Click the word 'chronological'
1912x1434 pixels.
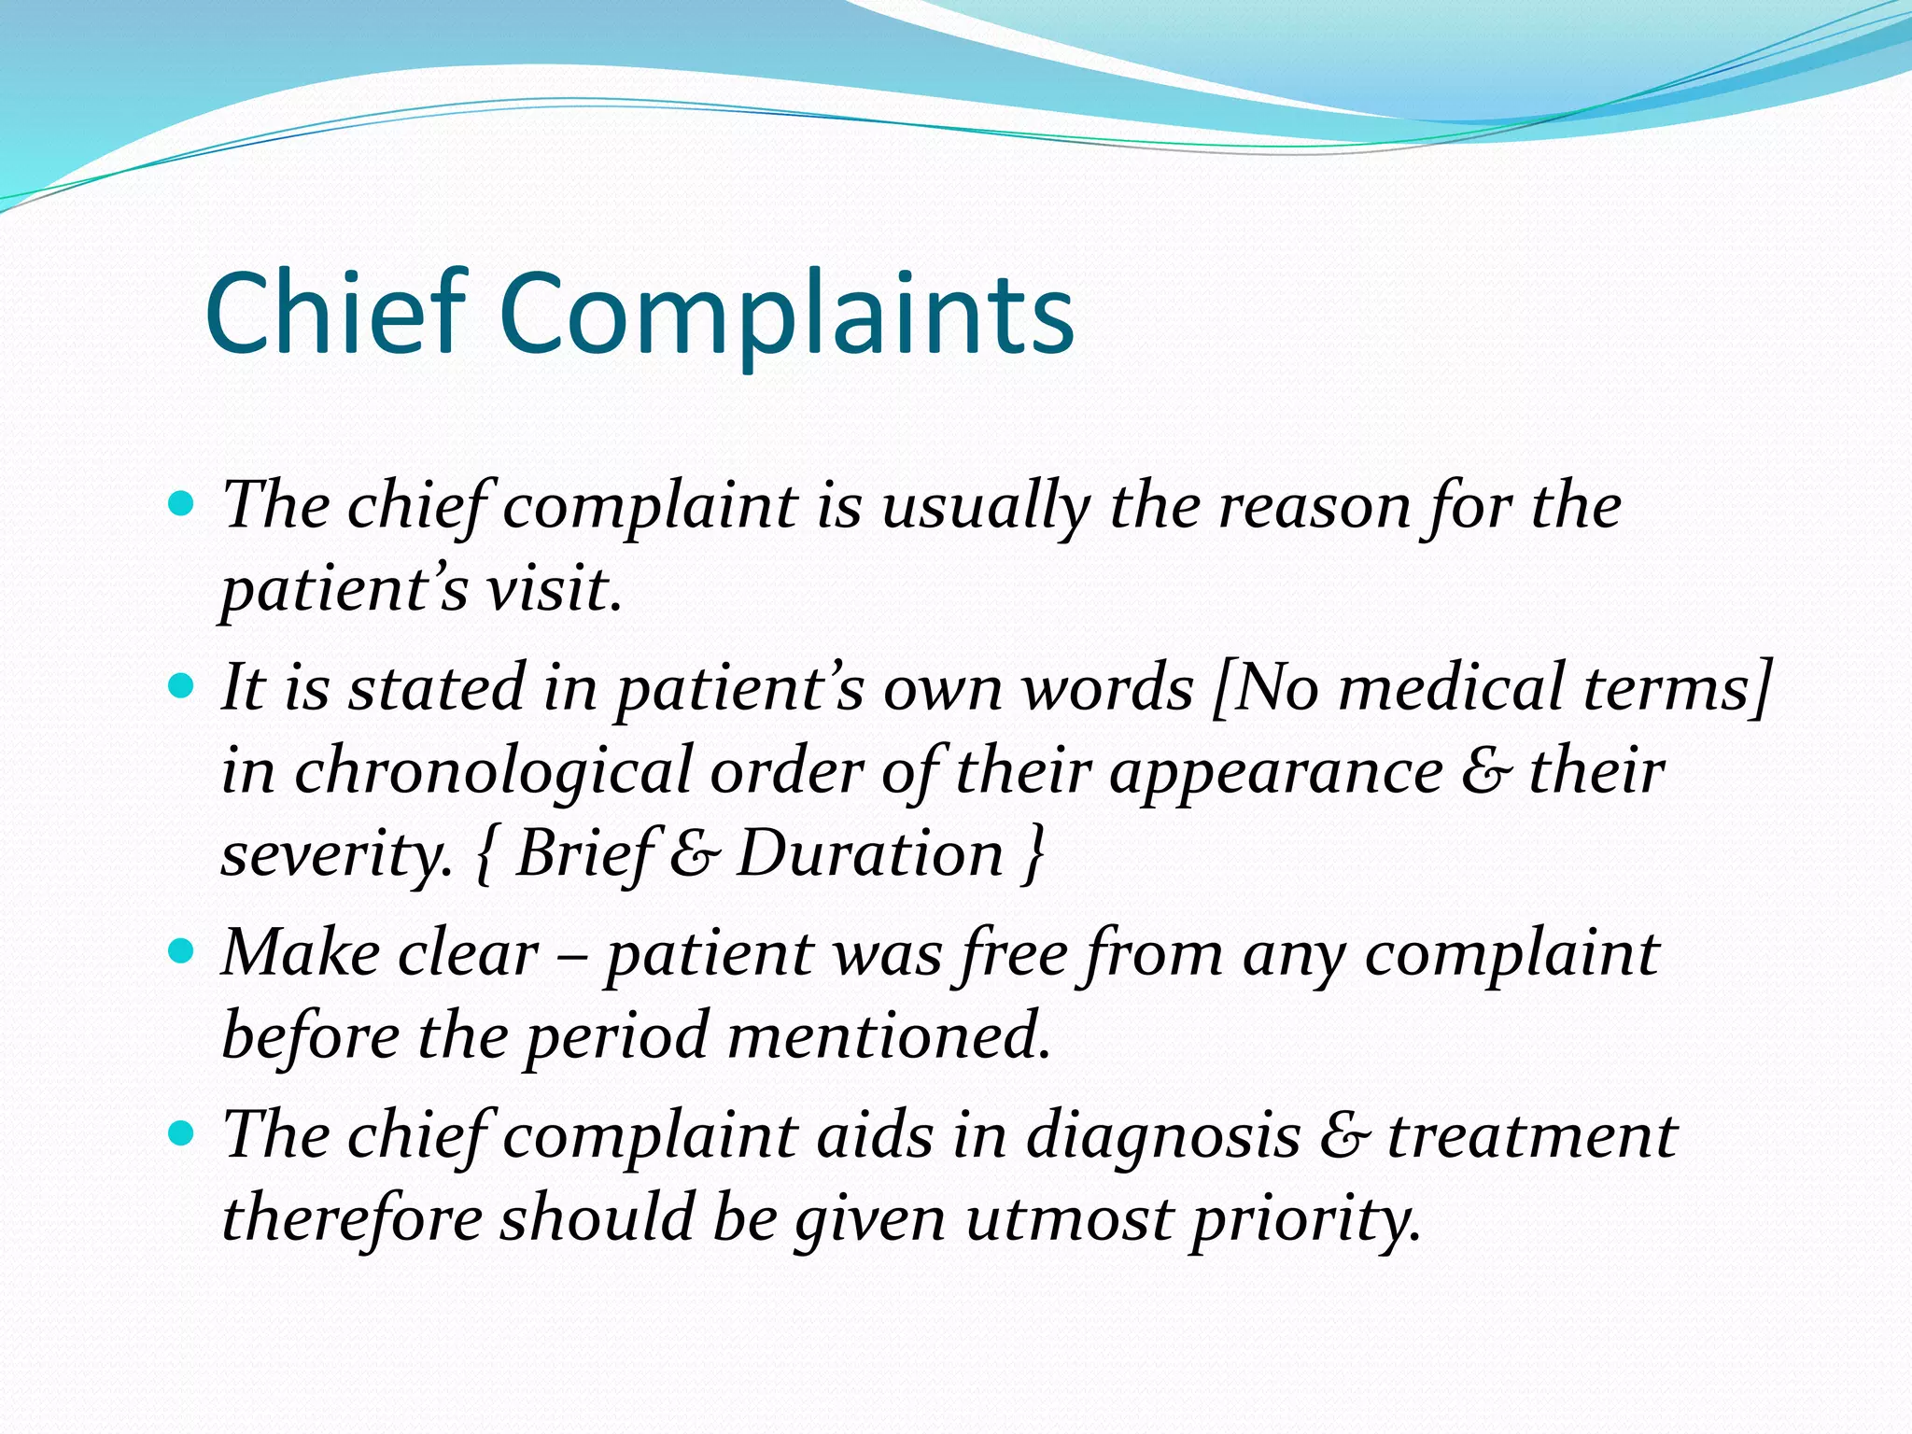coord(493,772)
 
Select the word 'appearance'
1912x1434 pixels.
coord(1275,772)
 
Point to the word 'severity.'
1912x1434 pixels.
coord(337,854)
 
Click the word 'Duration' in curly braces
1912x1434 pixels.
coord(870,854)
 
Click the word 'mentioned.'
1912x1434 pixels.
coord(889,1036)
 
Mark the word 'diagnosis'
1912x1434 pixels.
coord(1163,1136)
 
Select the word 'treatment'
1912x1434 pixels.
coord(1532,1136)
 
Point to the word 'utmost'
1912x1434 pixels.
coord(1068,1219)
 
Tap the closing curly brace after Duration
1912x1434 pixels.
coord(1033,854)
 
